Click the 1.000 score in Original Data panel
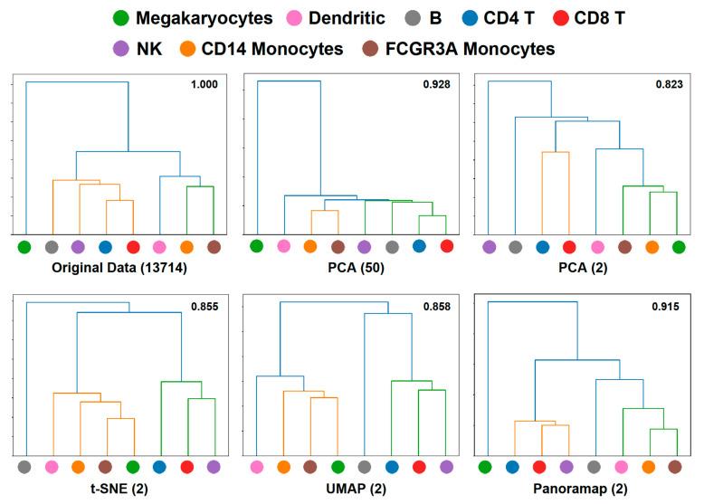204,84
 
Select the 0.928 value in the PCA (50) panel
436,84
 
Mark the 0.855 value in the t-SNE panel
204,307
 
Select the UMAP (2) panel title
351,487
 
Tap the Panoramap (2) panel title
584,487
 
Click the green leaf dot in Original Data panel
24,246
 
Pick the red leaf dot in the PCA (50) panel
446,246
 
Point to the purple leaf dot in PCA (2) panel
489,246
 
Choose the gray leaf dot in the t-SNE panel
24,467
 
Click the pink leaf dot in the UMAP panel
257,467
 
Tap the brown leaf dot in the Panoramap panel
675,467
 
